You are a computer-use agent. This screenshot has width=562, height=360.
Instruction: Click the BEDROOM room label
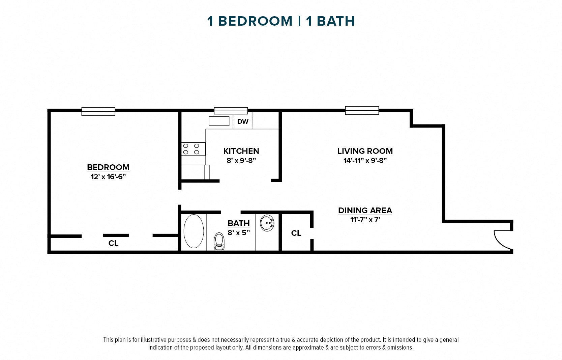tap(108, 167)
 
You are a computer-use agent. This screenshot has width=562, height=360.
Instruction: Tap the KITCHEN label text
tap(241, 151)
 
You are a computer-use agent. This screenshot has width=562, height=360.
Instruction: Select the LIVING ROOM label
tap(365, 151)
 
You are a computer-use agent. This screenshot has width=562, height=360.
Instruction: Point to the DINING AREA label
tap(365, 211)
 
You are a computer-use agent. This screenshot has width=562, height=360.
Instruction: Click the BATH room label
tap(239, 223)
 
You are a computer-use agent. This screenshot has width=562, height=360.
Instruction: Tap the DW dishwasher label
tap(243, 122)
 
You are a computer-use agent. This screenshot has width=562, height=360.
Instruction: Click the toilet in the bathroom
tap(219, 242)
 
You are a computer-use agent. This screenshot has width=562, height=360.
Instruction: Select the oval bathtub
tap(194, 231)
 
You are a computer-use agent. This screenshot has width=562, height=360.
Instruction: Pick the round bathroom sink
tap(267, 223)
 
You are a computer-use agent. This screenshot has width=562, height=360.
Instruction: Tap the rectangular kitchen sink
tap(219, 121)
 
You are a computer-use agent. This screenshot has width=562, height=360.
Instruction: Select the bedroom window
tap(98, 111)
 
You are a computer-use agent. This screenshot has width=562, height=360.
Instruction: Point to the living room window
tap(362, 110)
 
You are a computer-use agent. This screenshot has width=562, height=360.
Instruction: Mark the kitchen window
tap(231, 111)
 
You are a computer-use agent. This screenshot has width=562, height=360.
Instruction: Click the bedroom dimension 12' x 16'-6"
tap(108, 177)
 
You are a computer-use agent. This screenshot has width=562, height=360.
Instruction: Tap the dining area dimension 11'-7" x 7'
tap(365, 220)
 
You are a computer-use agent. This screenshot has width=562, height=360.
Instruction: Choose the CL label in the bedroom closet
tap(114, 243)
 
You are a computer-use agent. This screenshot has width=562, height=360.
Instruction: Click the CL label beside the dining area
tap(296, 233)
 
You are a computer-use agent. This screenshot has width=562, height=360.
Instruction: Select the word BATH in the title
tap(336, 21)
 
